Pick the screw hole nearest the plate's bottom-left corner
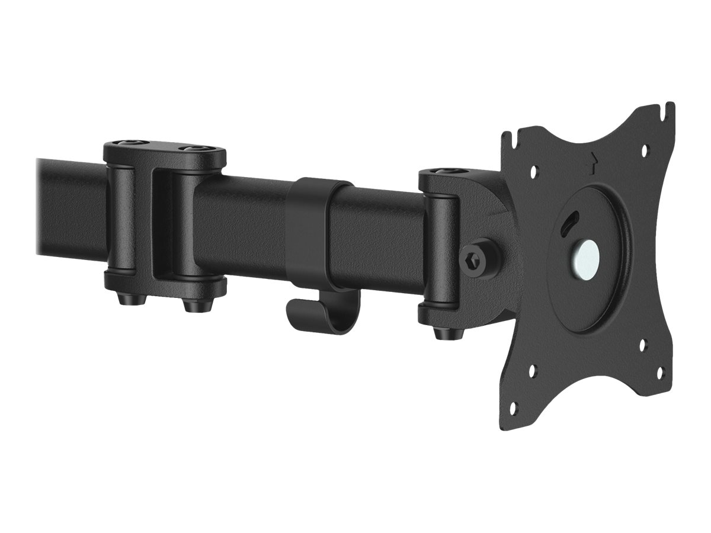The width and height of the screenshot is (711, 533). coord(513,407)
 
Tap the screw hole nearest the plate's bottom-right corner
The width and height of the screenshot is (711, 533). coord(661,373)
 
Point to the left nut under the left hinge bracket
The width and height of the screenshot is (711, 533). coord(126,299)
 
